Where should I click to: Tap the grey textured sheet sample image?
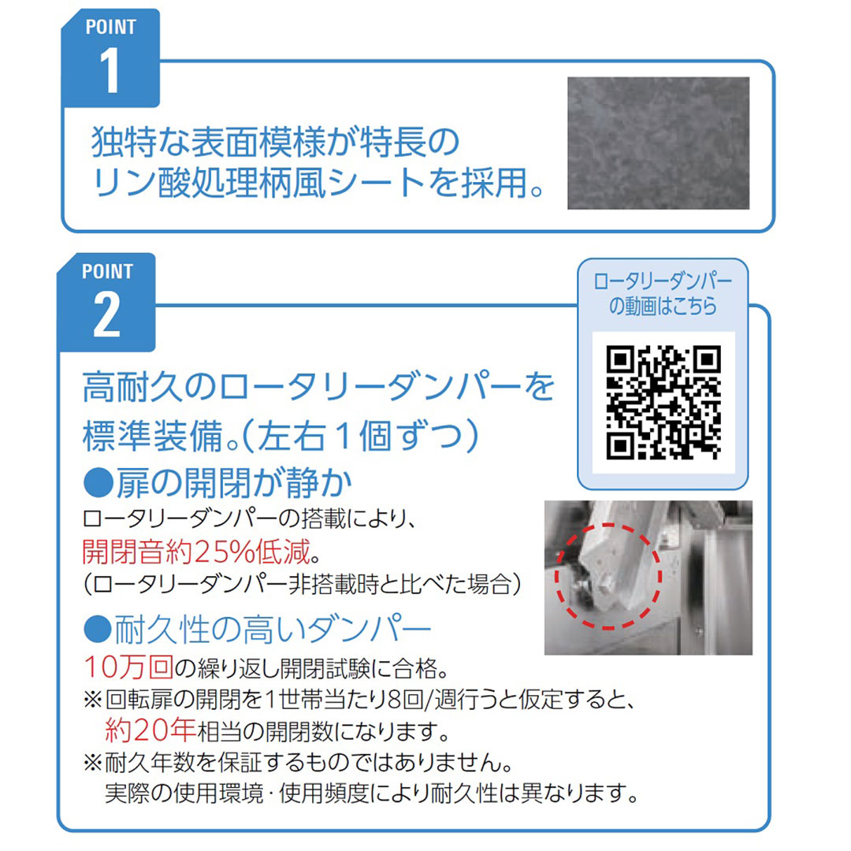pyautogui.click(x=658, y=143)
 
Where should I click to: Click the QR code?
pyautogui.click(x=663, y=403)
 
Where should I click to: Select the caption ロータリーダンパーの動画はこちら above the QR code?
pyautogui.click(x=663, y=295)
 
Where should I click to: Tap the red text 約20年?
pyautogui.click(x=149, y=730)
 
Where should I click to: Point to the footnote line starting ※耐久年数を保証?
pyautogui.click(x=299, y=762)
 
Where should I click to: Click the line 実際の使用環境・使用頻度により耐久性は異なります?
pyautogui.click(x=370, y=792)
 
